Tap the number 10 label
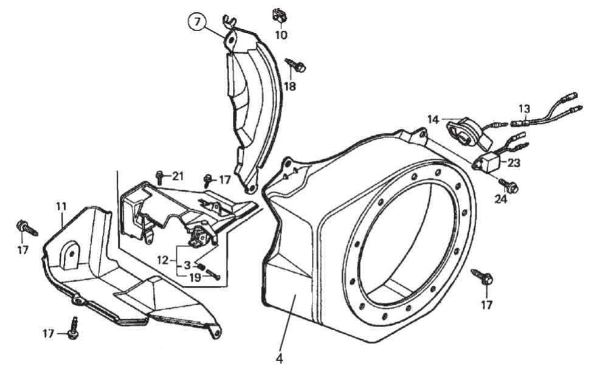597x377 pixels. tap(280, 35)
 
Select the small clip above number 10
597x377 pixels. tap(279, 14)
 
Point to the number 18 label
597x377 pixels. tap(289, 86)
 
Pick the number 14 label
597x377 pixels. tap(432, 120)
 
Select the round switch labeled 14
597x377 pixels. tap(467, 132)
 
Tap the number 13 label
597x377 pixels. tap(524, 108)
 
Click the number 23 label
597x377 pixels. tap(514, 163)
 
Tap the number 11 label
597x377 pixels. tap(61, 207)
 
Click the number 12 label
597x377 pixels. tap(162, 260)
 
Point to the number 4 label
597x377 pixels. tap(279, 359)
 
